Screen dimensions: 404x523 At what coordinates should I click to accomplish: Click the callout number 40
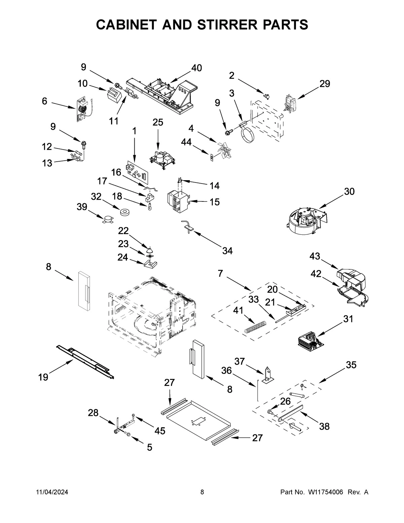tap(197, 68)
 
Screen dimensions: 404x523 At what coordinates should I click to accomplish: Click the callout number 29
tap(325, 84)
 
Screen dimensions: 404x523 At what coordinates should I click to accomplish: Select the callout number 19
tap(43, 378)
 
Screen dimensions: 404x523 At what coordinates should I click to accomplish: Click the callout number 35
tap(351, 365)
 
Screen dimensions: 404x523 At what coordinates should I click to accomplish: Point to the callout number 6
tap(44, 101)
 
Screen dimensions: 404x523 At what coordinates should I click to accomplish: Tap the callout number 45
tap(160, 431)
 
